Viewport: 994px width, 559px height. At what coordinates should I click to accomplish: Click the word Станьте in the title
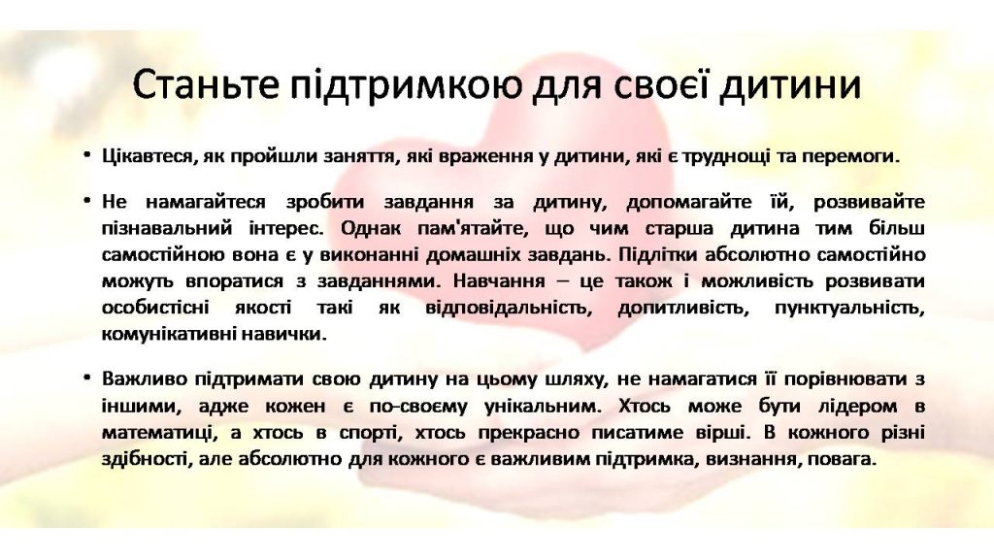206,84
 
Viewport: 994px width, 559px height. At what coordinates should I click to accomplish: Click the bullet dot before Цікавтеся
87,154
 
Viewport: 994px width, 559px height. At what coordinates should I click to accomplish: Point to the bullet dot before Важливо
87,378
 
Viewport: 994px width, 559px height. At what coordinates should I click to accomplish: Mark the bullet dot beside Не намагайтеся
87,200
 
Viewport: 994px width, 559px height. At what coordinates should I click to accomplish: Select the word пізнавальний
167,228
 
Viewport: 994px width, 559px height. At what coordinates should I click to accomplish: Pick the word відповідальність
505,309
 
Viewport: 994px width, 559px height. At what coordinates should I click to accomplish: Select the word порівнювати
845,379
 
